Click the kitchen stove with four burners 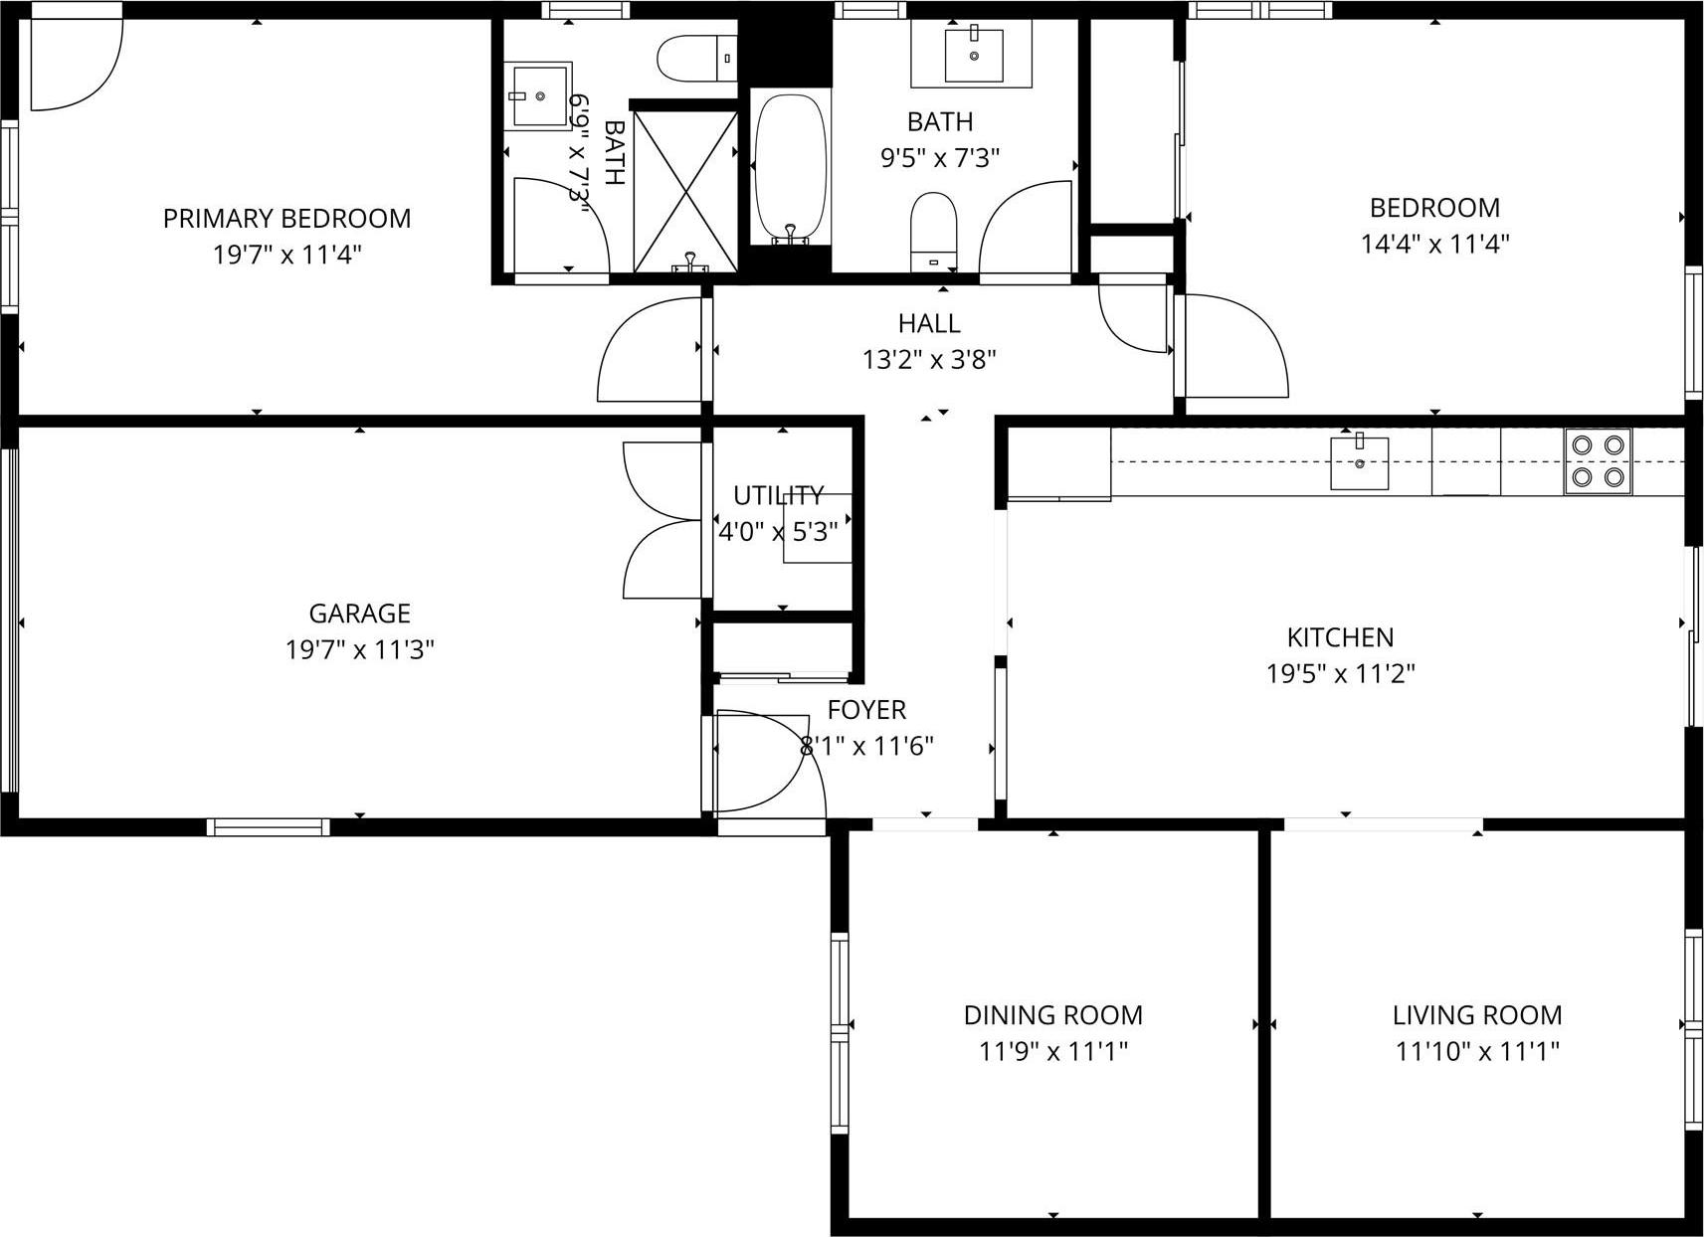[1598, 461]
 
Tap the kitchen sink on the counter [1359, 463]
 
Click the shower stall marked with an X [685, 190]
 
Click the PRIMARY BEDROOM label [286, 219]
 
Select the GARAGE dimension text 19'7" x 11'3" [359, 650]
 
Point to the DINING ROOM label [1052, 1015]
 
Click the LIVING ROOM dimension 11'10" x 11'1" [1476, 1051]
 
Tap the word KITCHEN [1340, 637]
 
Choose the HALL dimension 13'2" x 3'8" [929, 360]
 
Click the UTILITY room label [778, 495]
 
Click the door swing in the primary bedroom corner [75, 63]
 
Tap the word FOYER [866, 710]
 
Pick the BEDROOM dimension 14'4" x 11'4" [1434, 244]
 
